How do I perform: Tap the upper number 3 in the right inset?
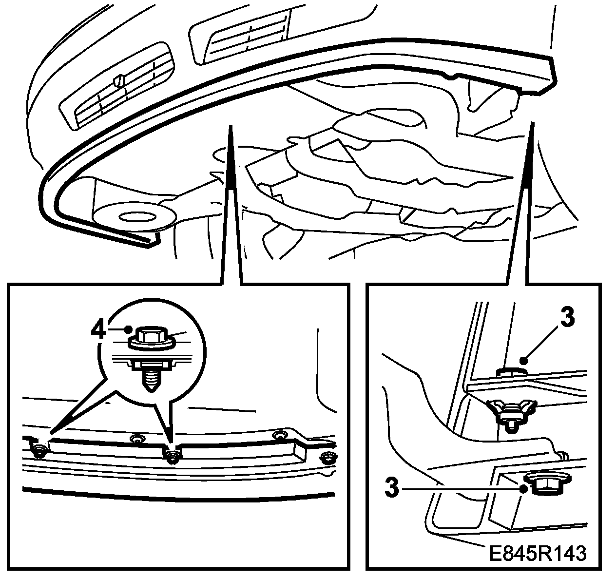pyautogui.click(x=567, y=318)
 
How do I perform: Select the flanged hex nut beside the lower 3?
pyautogui.click(x=542, y=483)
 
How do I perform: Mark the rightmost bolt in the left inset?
pyautogui.click(x=328, y=458)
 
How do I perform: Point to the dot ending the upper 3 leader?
pyautogui.click(x=522, y=361)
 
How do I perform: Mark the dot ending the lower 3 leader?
pyautogui.click(x=523, y=489)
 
